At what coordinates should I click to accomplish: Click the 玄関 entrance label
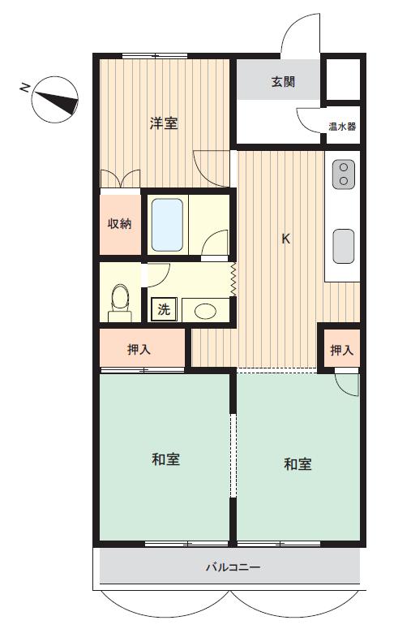pos(283,82)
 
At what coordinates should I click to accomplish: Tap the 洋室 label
pos(164,123)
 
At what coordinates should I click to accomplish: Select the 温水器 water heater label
pos(342,127)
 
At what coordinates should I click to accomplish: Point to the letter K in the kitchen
pos(285,239)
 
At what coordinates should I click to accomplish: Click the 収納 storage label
pos(120,223)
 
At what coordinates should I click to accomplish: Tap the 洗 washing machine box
pos(164,309)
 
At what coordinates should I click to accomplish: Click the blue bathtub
pos(168,225)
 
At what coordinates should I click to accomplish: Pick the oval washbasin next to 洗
pos(206,311)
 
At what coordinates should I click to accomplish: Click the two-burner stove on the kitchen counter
pos(343,174)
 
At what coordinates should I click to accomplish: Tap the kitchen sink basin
pos(343,246)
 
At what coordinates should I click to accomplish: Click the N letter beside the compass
pos(25,87)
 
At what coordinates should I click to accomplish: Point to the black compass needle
pos(57,101)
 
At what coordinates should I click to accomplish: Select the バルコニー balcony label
pos(233,567)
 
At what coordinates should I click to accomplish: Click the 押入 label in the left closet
pos(139,350)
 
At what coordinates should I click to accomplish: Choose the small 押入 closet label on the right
pos(342,350)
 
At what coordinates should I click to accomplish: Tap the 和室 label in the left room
pos(166,459)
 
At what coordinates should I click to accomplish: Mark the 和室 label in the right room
pos(298,463)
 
